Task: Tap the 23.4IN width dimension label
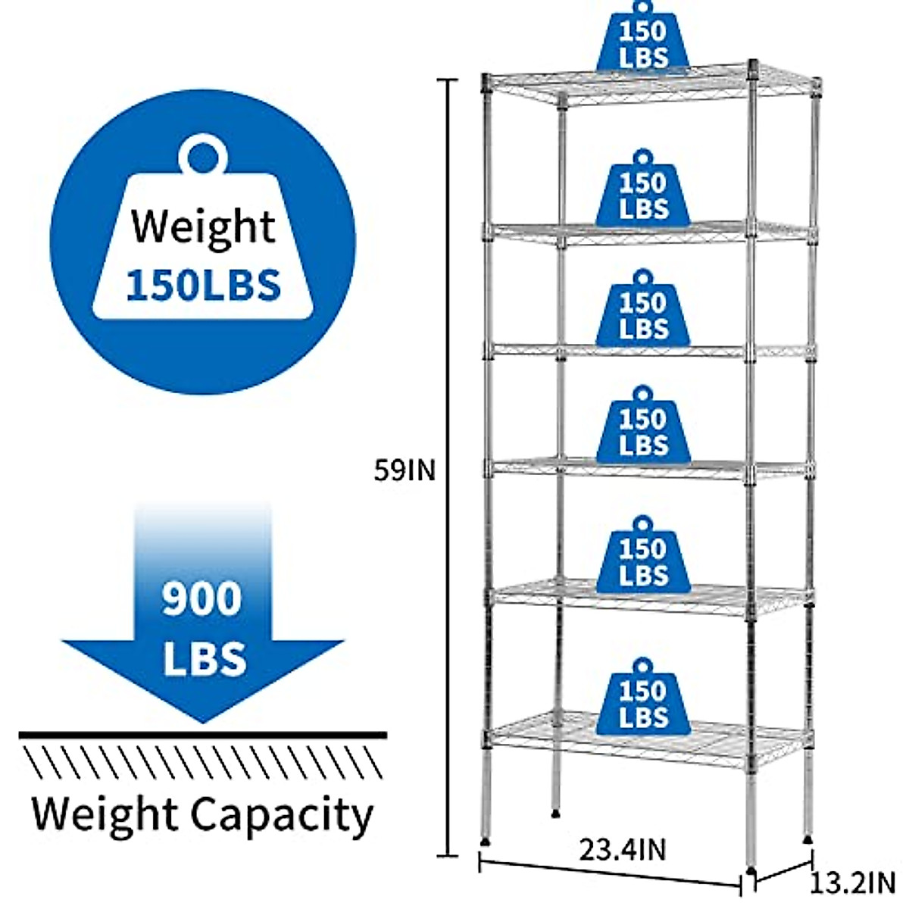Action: tap(623, 849)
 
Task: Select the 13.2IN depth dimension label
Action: tap(853, 882)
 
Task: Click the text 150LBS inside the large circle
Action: tap(203, 286)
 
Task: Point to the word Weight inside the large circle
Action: tap(203, 226)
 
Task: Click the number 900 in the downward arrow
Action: tap(202, 598)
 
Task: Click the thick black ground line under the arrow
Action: tap(202, 735)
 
